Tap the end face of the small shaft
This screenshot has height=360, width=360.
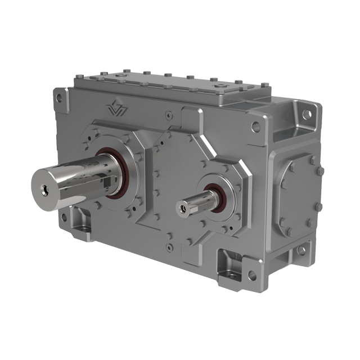(x=183, y=209)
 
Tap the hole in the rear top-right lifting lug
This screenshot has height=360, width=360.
(x=306, y=114)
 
